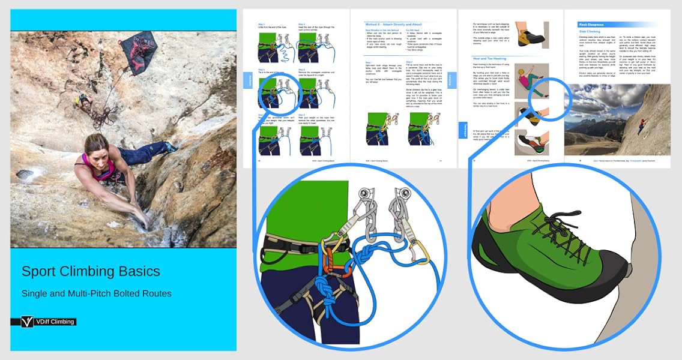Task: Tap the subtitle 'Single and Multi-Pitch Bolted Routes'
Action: (x=97, y=293)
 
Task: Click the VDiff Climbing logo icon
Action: (x=27, y=322)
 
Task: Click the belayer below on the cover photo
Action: (x=84, y=103)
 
